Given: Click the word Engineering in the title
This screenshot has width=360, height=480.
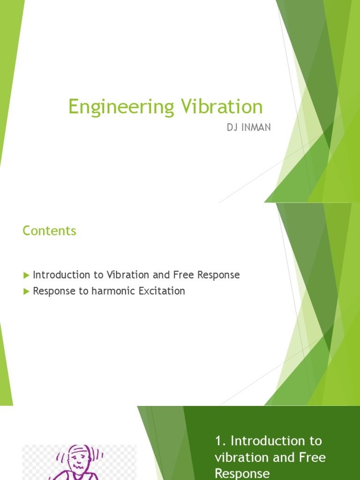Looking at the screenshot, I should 120,107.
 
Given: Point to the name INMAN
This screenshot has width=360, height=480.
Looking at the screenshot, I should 256,127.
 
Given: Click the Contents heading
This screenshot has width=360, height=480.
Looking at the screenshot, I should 49,231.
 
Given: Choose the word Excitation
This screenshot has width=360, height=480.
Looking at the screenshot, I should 162,291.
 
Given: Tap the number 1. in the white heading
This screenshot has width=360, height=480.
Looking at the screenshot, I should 221,441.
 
